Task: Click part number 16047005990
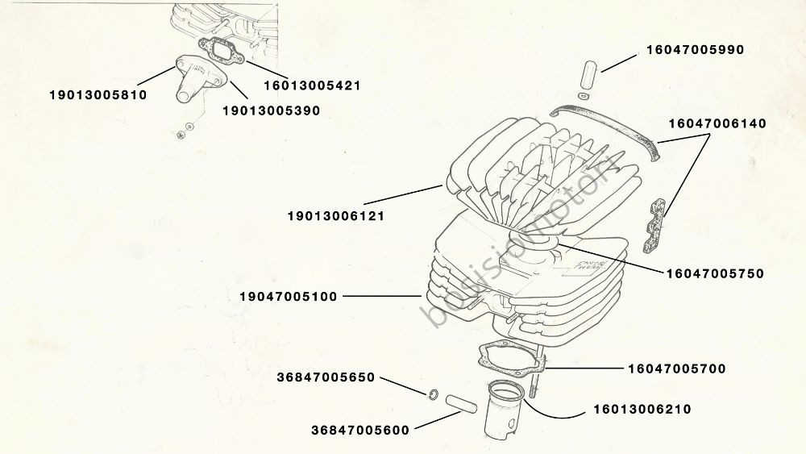click(695, 50)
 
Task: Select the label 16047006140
click(717, 123)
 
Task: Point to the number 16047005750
click(715, 273)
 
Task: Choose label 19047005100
click(288, 297)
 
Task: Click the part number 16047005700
click(676, 369)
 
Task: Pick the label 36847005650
click(326, 377)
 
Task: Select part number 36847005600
click(359, 430)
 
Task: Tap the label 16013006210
click(642, 410)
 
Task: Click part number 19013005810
click(98, 94)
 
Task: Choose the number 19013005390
click(271, 110)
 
